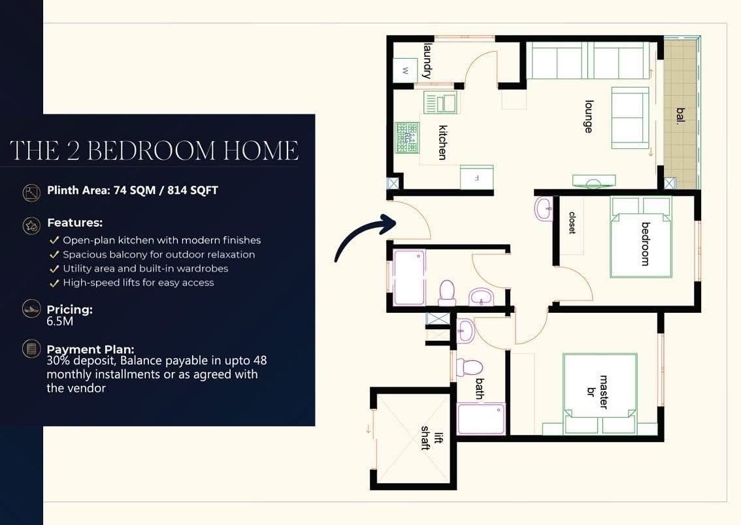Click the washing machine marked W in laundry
point(406,71)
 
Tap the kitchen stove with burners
point(407,137)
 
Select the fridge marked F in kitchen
point(477,178)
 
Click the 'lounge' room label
point(588,116)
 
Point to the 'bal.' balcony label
point(680,116)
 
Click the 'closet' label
point(572,223)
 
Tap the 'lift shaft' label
point(433,438)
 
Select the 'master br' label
point(597,392)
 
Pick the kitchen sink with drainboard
point(440,103)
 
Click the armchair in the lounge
point(631,118)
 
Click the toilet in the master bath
point(469,368)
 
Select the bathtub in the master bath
point(481,419)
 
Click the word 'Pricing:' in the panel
point(69,310)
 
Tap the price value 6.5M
point(59,321)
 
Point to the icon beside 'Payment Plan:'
point(31,349)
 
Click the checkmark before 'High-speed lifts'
point(54,283)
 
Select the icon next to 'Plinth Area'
point(31,192)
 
